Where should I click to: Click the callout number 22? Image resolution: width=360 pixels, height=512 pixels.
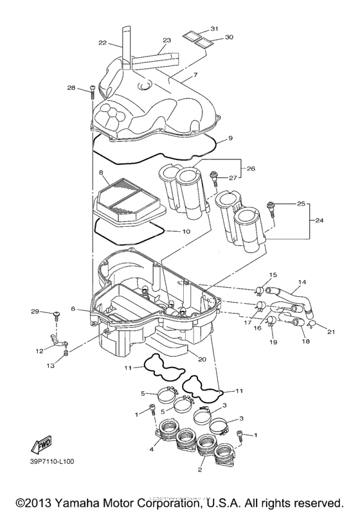pos(102,44)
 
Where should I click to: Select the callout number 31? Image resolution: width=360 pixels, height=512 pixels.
pos(214,30)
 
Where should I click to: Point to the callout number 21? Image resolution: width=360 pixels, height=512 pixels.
pos(332,331)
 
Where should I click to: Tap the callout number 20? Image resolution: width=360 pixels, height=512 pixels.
pos(202,360)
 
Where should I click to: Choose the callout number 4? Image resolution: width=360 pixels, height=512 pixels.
pos(152,450)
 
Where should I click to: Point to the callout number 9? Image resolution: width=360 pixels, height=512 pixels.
pos(230,138)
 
